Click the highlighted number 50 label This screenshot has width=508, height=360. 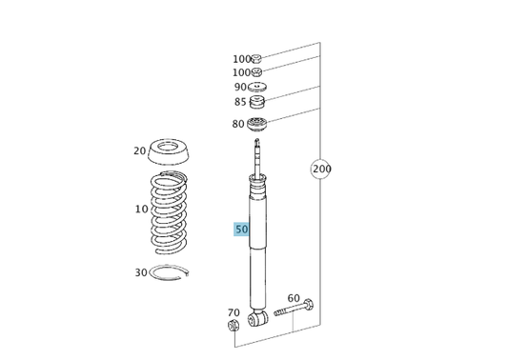point(241,230)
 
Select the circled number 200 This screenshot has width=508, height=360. point(321,170)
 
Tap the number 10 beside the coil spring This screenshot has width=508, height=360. point(141,210)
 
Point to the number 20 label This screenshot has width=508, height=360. point(139,150)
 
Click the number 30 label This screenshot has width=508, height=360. point(140,272)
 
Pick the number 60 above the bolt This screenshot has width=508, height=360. point(294,298)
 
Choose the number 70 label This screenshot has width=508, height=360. point(234,312)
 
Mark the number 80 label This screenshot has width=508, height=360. point(237,124)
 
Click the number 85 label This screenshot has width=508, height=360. point(240,103)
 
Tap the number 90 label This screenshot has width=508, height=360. point(240,87)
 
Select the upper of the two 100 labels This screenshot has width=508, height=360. point(241,59)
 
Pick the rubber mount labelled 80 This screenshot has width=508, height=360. point(256,123)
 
